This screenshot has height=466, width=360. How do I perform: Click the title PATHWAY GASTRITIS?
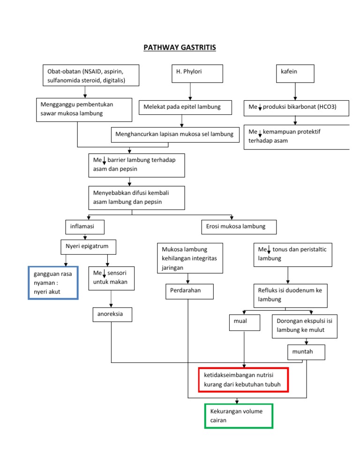pyautogui.click(x=180, y=47)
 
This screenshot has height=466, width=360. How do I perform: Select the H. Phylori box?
pyautogui.click(x=196, y=74)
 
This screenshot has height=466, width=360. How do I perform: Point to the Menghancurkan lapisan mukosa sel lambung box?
pyautogui.click(x=174, y=135)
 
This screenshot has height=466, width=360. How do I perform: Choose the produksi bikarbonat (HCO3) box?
pyautogui.click(x=296, y=107)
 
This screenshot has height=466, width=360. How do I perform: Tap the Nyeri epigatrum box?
pyautogui.click(x=88, y=247)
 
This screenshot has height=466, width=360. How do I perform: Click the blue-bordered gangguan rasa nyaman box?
pyautogui.click(x=53, y=283)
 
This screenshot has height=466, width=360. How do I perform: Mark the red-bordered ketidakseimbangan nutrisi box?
pyautogui.click(x=243, y=380)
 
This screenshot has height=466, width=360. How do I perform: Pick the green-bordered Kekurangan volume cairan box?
pyautogui.click(x=239, y=415)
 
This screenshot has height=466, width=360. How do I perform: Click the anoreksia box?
pyautogui.click(x=111, y=315)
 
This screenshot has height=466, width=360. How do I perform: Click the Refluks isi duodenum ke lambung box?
pyautogui.click(x=288, y=295)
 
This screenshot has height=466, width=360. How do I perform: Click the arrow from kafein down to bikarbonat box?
pyautogui.click(x=295, y=91)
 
